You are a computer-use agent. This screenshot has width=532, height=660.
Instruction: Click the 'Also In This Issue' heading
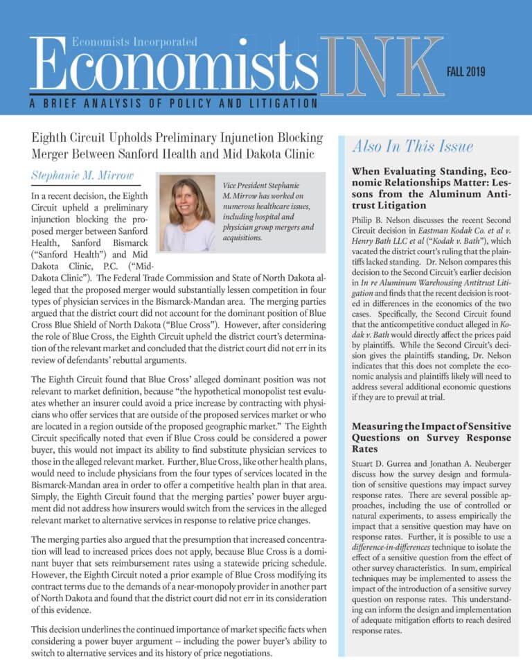[412, 146]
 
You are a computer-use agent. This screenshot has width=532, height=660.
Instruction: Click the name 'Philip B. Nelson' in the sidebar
[385, 220]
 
